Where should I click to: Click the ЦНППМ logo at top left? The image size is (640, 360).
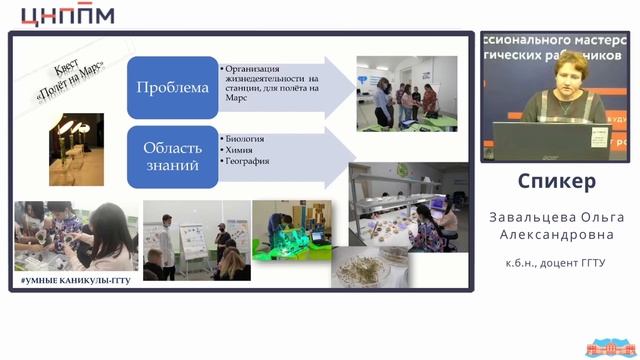[x=67, y=15]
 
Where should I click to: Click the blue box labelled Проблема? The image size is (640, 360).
[x=173, y=87]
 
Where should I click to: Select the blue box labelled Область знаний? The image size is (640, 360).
[x=173, y=155]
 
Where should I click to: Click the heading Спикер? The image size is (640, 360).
[x=557, y=181]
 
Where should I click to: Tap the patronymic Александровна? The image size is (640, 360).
[x=557, y=235]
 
